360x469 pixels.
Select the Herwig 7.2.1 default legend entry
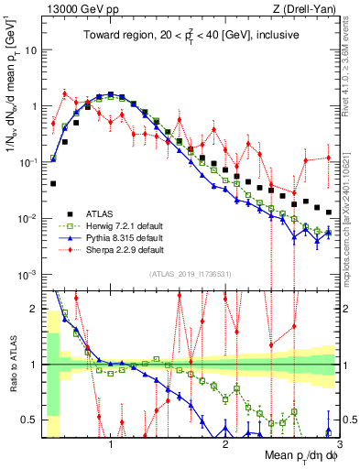(115, 228)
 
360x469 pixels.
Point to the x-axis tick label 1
(111, 444)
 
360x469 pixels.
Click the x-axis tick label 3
(339, 444)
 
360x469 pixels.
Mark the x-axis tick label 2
(225, 444)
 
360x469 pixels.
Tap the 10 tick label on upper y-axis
(30, 49)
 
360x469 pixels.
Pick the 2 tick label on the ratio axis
(35, 309)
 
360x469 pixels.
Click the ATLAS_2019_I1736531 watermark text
(190, 275)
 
